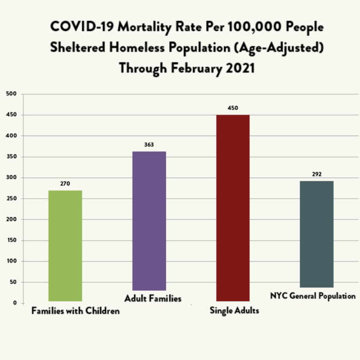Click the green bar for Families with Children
point(65,246)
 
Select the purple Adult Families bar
point(149,221)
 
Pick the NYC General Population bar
point(316,234)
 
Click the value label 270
point(65,183)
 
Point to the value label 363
point(149,145)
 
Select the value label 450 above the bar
point(233,108)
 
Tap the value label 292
point(316,174)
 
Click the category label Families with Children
point(75,311)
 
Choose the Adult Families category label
point(153,298)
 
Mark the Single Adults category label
point(235,310)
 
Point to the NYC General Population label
point(313,296)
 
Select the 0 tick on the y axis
point(15,303)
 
